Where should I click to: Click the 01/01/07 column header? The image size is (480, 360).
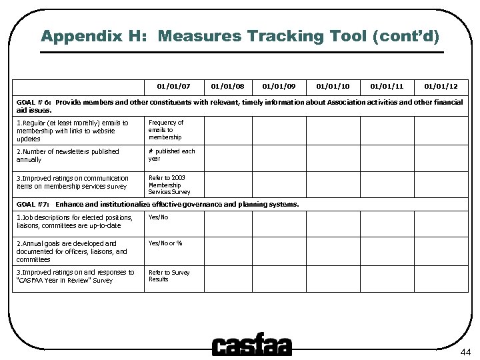[x=173, y=86]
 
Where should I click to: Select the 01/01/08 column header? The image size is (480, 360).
[x=227, y=86]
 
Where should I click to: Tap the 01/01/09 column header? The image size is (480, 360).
[x=279, y=86]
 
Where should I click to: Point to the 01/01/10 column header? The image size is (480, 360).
[x=333, y=86]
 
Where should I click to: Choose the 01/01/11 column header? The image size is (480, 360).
[x=386, y=86]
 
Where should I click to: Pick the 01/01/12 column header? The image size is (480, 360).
[x=439, y=86]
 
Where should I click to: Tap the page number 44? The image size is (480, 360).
[x=465, y=351]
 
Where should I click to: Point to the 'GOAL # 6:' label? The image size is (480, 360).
[x=34, y=103]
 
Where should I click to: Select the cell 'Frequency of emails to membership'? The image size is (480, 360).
[x=165, y=130]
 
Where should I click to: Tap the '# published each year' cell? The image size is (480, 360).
[x=171, y=155]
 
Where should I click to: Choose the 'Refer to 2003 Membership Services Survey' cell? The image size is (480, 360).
[x=169, y=185]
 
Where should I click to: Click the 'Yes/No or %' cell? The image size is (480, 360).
[x=165, y=243]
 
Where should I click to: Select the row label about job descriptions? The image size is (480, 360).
[x=75, y=221]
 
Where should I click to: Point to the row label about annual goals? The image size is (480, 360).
[x=71, y=251]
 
